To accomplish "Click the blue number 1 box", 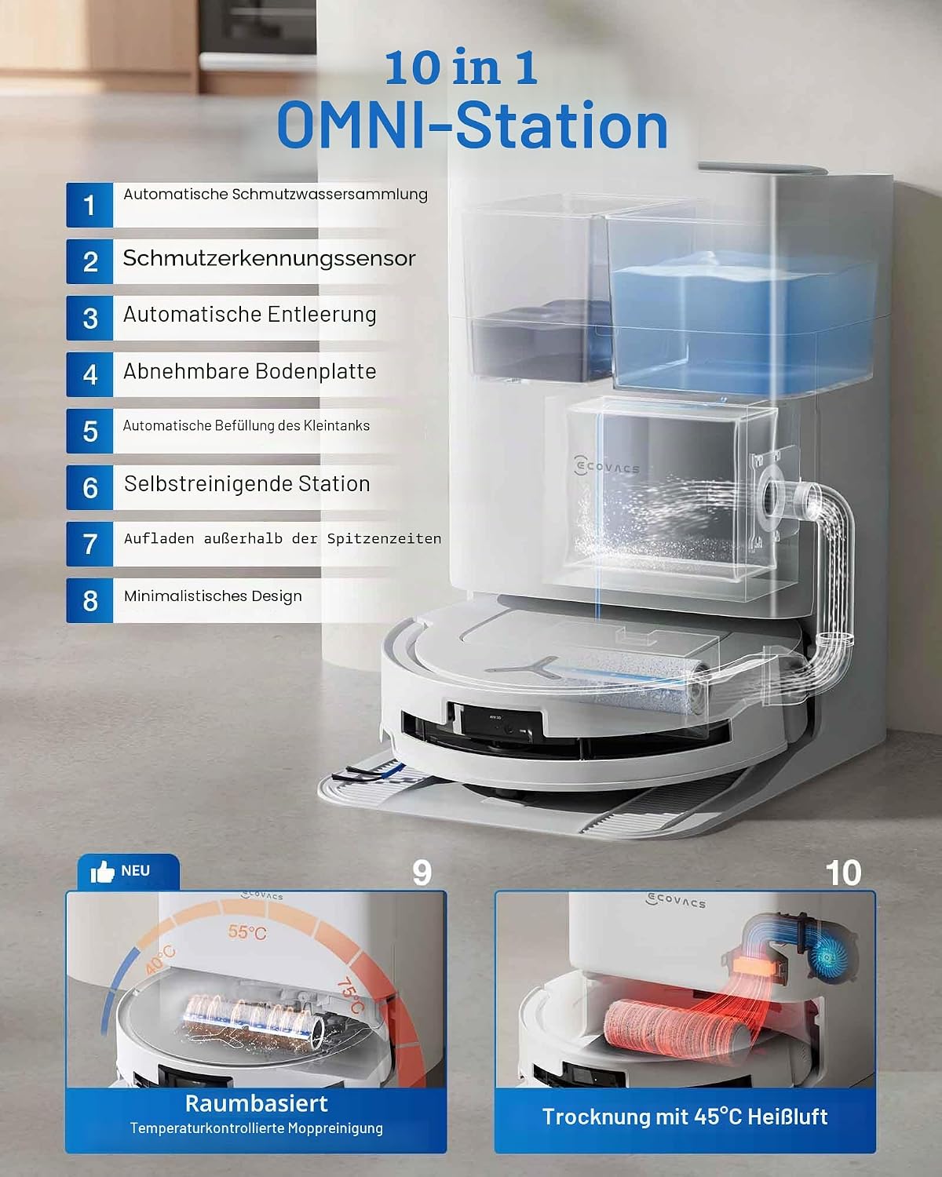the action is click(x=89, y=205).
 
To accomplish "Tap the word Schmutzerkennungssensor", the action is click(x=269, y=259).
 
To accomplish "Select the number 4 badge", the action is click(x=89, y=374).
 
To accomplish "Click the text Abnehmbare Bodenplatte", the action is click(x=250, y=371).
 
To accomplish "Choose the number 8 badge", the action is click(x=89, y=600).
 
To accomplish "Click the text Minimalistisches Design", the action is click(x=213, y=596).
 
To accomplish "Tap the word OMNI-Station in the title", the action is click(x=473, y=126).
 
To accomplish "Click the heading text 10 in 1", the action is click(x=461, y=67).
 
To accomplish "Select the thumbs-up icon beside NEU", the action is click(x=102, y=871).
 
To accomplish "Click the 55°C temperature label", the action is click(x=247, y=932).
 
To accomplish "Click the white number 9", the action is click(x=422, y=873).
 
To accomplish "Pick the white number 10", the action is click(x=843, y=873).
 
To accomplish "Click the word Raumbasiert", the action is click(x=256, y=1103).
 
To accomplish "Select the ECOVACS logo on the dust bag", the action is click(x=607, y=467).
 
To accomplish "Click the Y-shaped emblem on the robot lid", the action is click(x=523, y=667).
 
